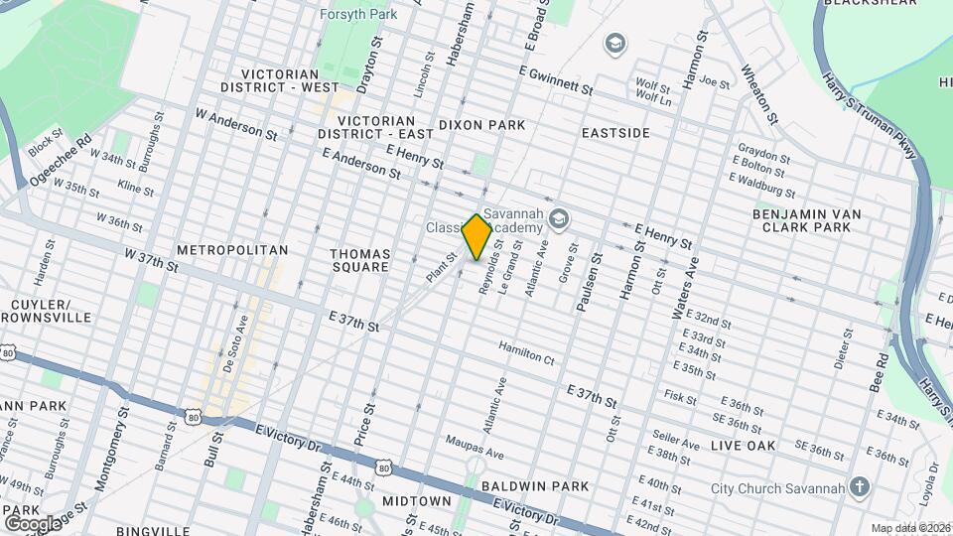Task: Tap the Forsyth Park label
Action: (358, 14)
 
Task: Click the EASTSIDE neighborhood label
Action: (615, 132)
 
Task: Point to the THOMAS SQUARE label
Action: (359, 261)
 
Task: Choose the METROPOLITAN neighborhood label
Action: (232, 250)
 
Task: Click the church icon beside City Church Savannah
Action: (860, 487)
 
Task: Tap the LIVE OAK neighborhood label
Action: (744, 447)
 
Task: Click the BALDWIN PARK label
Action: (534, 486)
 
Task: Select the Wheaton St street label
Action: (758, 96)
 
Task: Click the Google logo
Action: (32, 523)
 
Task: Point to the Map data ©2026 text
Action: (909, 527)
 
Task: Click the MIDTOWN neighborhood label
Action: (417, 501)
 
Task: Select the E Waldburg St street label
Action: (762, 187)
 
